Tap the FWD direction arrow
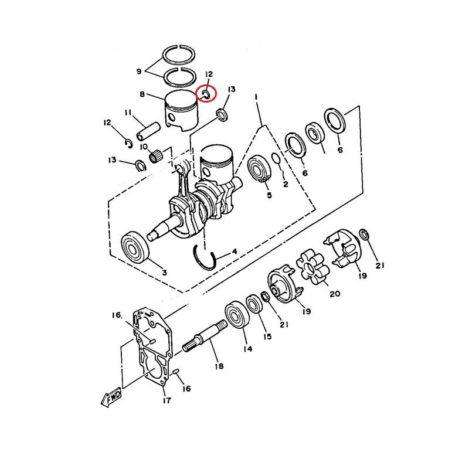[111, 397]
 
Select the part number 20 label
[335, 294]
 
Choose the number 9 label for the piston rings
[139, 72]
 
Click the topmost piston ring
[179, 55]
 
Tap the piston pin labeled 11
[148, 131]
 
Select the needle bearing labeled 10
[156, 157]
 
